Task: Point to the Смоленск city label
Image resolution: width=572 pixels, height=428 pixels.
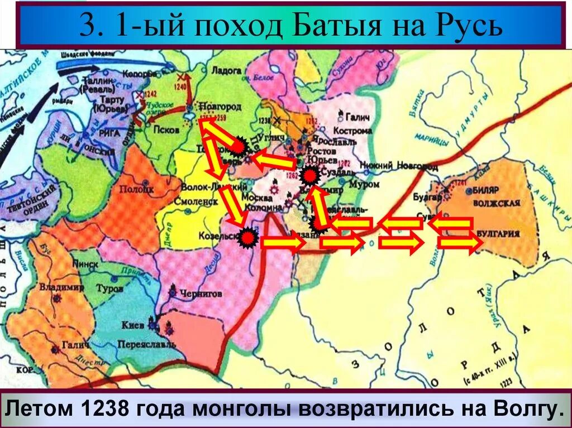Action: pyautogui.click(x=196, y=201)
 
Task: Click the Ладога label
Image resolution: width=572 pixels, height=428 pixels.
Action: pyautogui.click(x=226, y=71)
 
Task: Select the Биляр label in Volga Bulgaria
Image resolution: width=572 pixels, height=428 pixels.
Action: pyautogui.click(x=485, y=189)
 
